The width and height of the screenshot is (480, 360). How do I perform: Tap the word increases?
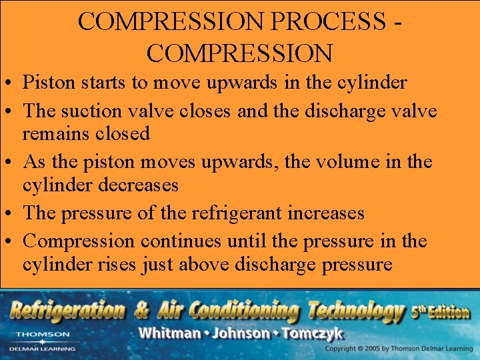pyautogui.click(x=325, y=213)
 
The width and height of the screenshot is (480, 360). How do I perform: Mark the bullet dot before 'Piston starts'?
pyautogui.click(x=9, y=83)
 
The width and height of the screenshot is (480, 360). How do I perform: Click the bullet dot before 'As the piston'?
pyautogui.click(x=9, y=162)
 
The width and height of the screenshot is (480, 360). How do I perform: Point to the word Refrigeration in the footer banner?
pyautogui.click(x=67, y=310)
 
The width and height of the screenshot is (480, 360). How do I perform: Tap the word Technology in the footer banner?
pyautogui.click(x=353, y=310)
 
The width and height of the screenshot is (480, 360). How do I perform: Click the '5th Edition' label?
pyautogui.click(x=441, y=311)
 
